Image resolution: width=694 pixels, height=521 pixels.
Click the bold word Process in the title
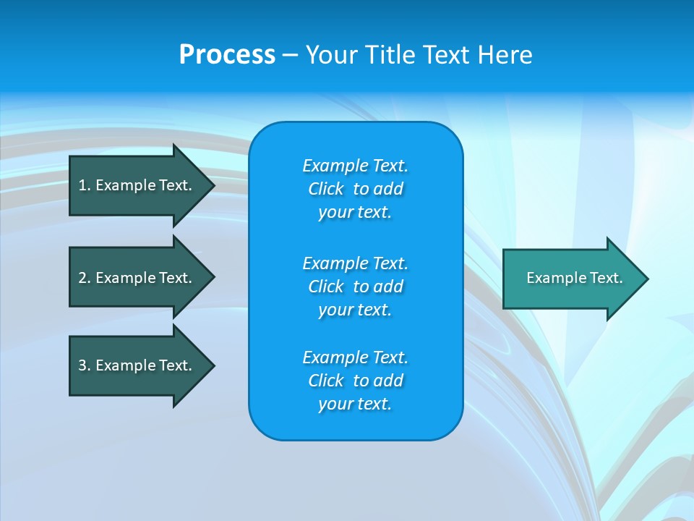coord(227,55)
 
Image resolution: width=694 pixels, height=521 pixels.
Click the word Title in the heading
coord(388,55)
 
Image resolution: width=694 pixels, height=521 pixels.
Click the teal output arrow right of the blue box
coord(571,278)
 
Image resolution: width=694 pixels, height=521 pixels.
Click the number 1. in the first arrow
coord(84,185)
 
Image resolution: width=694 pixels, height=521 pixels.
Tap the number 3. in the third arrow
coord(85,365)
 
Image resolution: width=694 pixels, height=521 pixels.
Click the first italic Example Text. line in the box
coord(356,166)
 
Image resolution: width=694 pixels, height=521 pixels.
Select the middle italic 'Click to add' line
coord(356,287)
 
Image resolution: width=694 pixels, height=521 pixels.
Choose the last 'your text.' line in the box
coord(354,404)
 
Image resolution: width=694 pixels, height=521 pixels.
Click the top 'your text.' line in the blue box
coord(354,212)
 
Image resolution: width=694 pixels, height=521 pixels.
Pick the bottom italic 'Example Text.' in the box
coord(356,357)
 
